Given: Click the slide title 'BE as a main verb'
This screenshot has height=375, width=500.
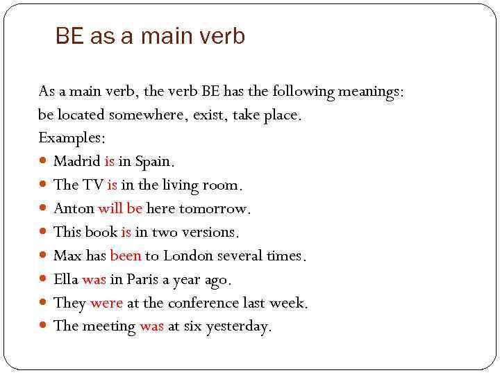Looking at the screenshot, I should [150, 36].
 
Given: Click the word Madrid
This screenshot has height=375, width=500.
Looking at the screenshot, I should [77, 162].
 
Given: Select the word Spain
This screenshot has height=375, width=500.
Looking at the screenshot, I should [154, 162].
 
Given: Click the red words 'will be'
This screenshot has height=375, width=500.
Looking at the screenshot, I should [120, 208].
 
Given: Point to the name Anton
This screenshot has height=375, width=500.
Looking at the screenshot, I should [74, 208].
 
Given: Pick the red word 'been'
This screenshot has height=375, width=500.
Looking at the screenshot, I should [126, 256].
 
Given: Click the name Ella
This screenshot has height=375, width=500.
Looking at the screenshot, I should [66, 279].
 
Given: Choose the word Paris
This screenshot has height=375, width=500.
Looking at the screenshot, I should [142, 279].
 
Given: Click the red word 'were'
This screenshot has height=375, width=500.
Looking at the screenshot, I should [106, 303].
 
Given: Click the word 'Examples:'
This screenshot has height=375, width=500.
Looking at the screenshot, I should [67, 137].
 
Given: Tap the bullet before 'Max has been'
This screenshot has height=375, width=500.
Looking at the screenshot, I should [44, 256].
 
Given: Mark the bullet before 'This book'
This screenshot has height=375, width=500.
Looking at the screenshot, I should [44, 233].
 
